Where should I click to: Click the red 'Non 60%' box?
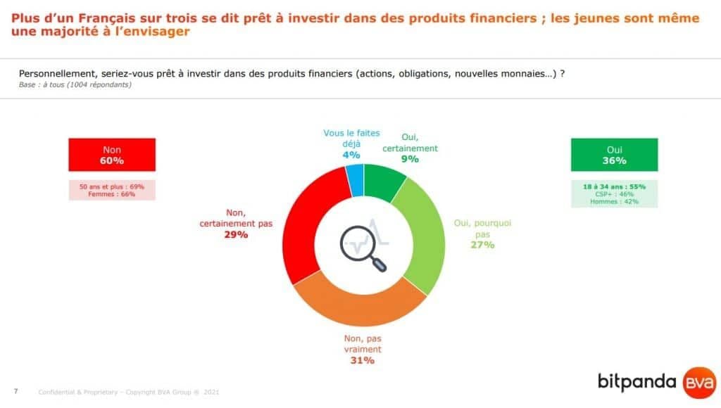[x=112, y=155]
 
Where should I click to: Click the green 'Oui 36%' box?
[x=614, y=155]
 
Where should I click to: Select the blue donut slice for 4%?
[x=355, y=180]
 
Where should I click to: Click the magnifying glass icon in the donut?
[x=363, y=248]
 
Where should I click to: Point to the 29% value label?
[x=236, y=235]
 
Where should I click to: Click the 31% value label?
[x=363, y=361]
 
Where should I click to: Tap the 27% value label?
[x=482, y=245]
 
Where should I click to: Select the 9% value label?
[x=410, y=159]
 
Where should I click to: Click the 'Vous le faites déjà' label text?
[x=352, y=139]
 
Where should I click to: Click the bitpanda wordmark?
[x=637, y=382]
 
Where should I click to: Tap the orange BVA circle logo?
[x=699, y=383]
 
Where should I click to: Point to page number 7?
[x=16, y=391]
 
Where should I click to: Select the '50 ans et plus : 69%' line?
[x=112, y=186]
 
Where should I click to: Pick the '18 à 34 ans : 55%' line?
[x=614, y=186]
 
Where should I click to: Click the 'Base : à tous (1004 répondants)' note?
[x=75, y=84]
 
